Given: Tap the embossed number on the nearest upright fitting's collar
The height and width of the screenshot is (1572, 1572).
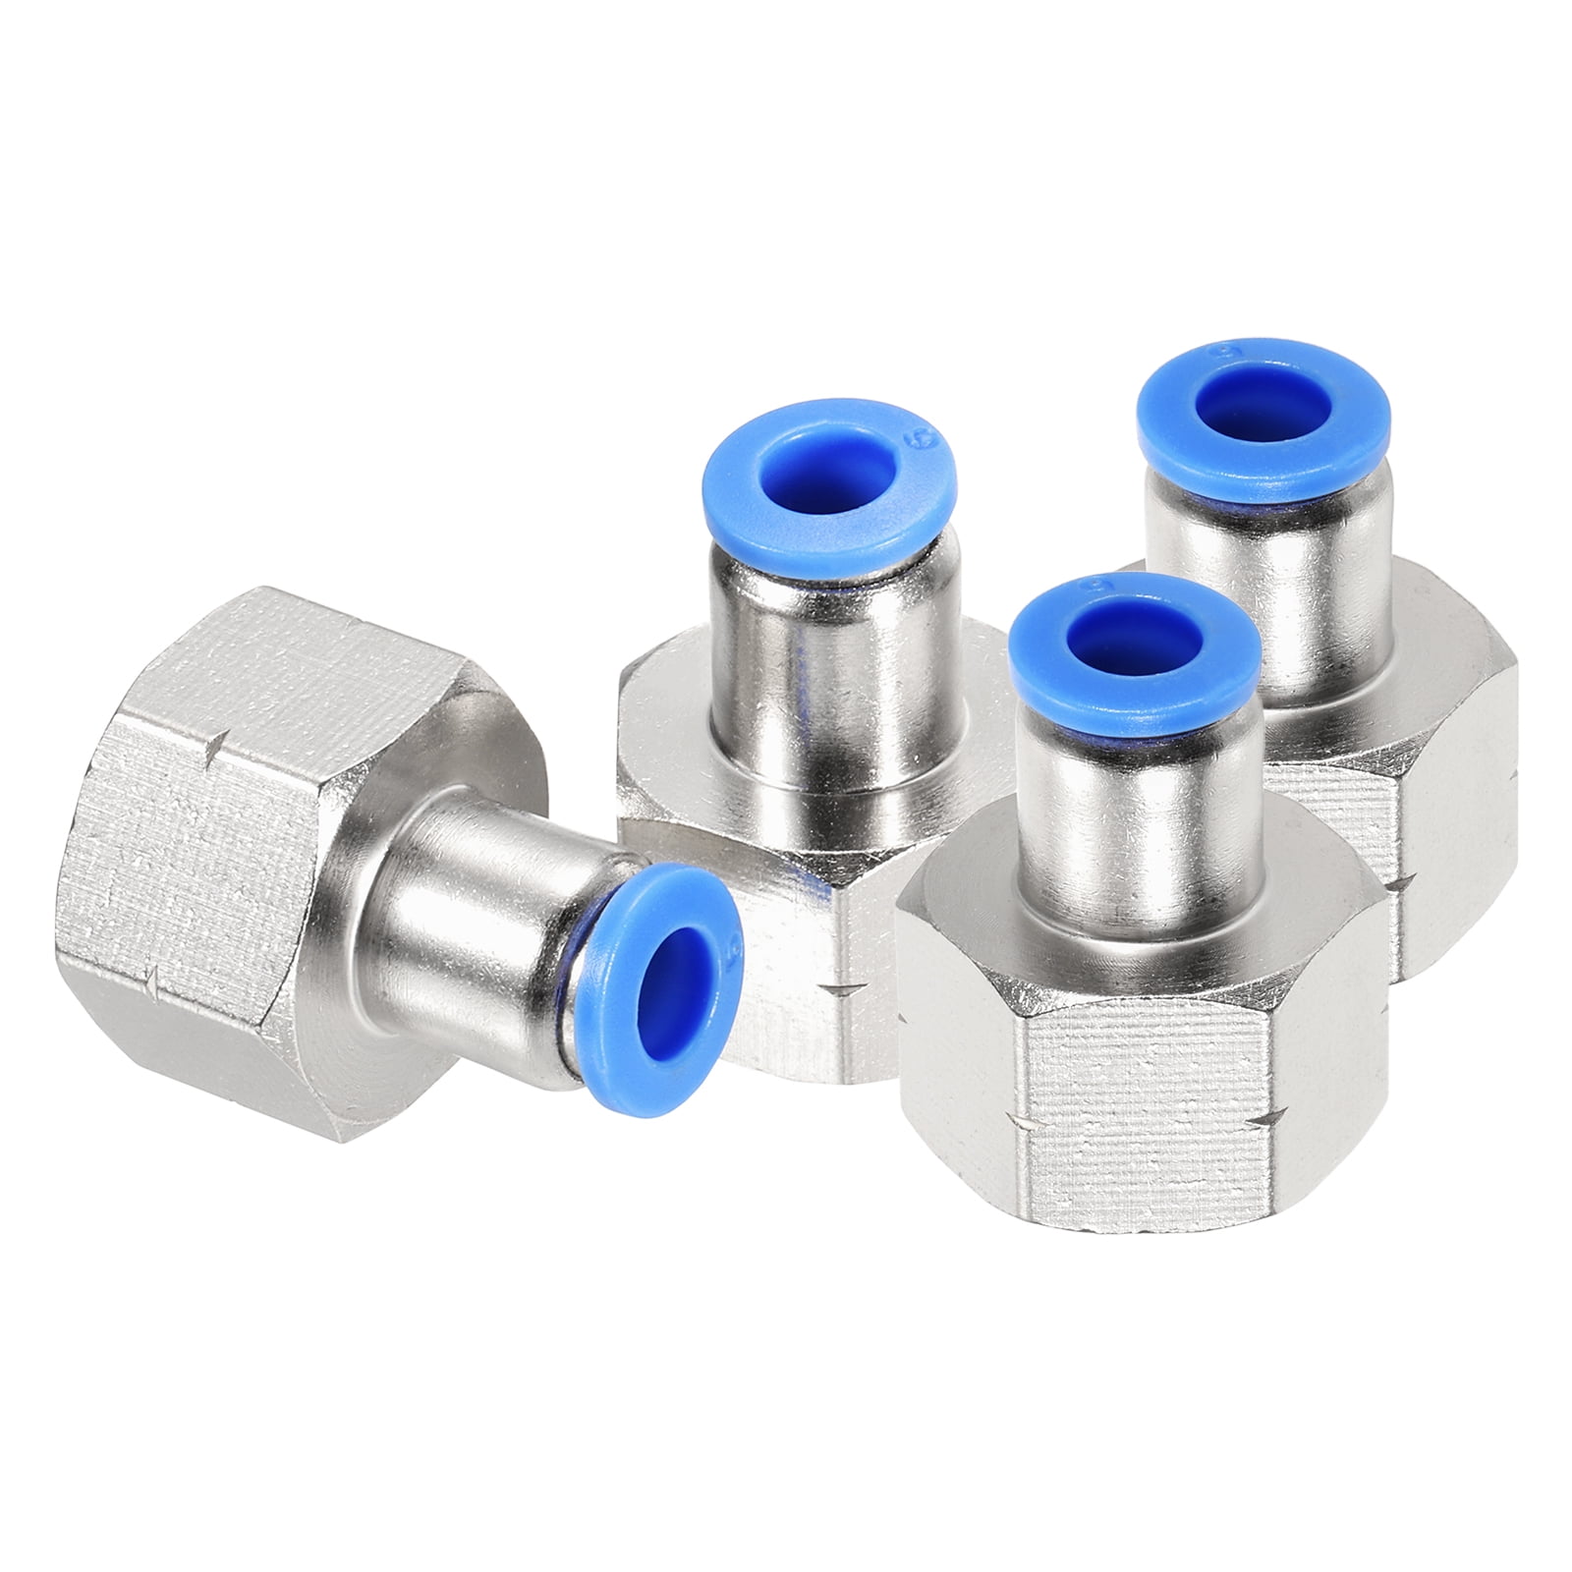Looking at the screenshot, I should click(1090, 589).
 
